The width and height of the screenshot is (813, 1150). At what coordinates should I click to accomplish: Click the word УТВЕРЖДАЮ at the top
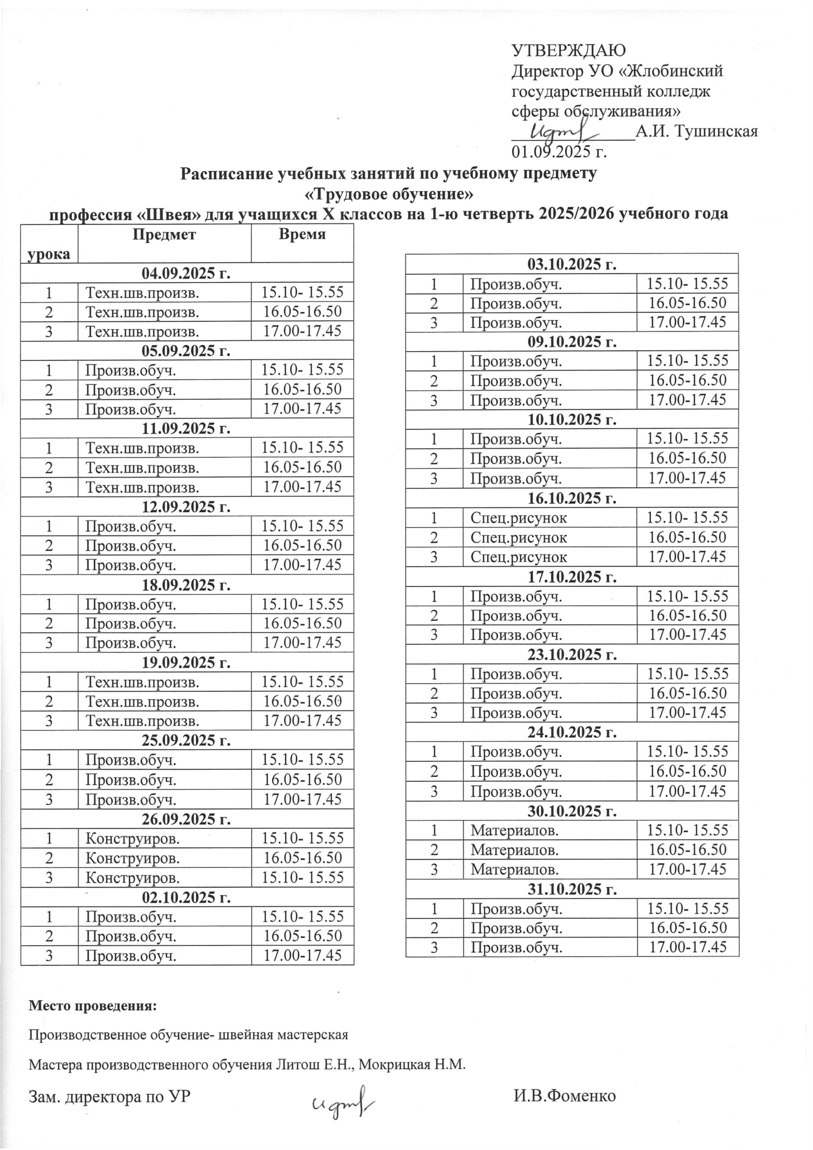(x=569, y=51)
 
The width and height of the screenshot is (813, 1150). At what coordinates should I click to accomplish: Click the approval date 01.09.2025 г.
(x=558, y=151)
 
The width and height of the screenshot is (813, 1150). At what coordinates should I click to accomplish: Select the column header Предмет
(x=164, y=234)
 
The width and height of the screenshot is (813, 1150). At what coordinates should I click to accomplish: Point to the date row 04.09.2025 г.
(x=186, y=273)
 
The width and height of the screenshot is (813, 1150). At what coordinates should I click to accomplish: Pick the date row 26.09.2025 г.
(x=186, y=819)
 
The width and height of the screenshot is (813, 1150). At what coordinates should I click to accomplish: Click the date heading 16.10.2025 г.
(x=571, y=498)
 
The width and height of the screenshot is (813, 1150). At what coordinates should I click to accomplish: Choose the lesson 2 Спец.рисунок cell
(x=519, y=537)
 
